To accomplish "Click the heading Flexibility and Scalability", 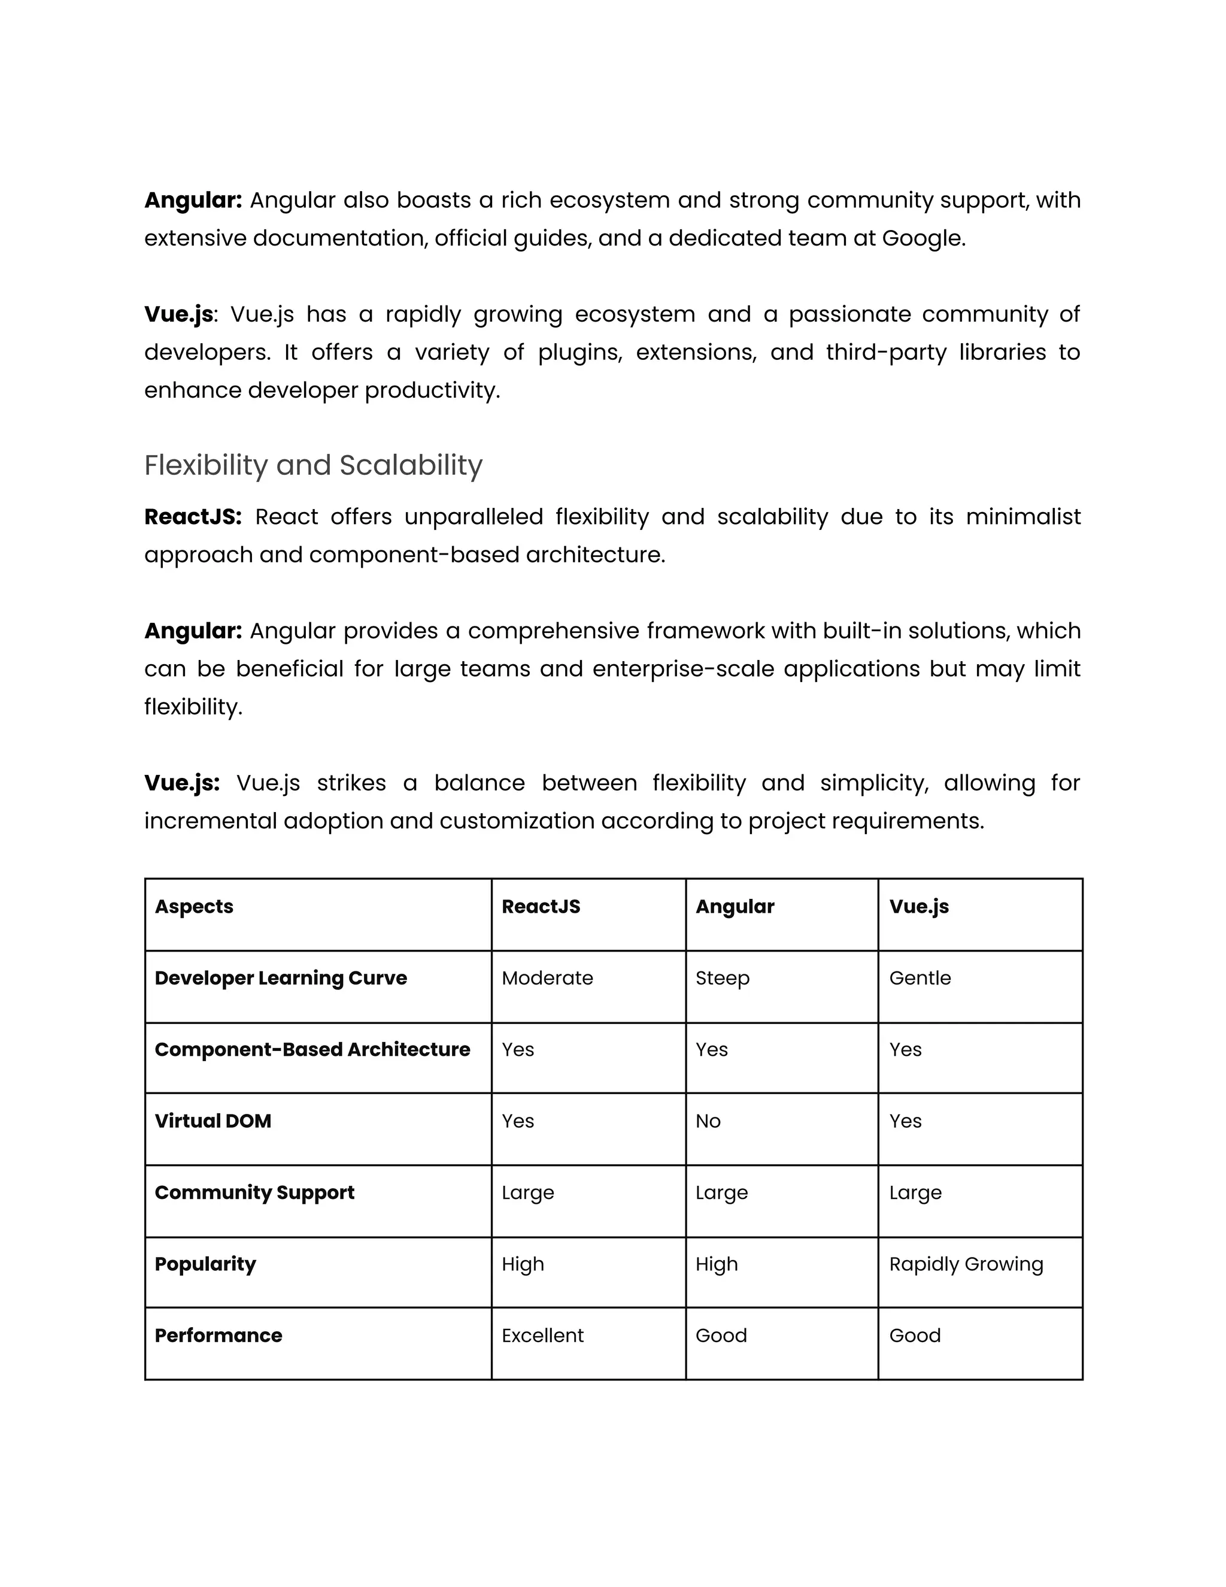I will click(x=313, y=465).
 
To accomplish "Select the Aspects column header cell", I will click(x=194, y=906).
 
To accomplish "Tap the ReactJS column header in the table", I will click(x=541, y=906).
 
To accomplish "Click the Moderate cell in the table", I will click(x=547, y=978).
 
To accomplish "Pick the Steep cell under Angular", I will click(x=722, y=978).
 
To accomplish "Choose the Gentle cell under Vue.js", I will click(x=919, y=978).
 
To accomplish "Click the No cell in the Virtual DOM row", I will click(x=708, y=1120).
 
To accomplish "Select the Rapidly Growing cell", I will click(x=966, y=1264).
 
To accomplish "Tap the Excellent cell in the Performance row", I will click(x=542, y=1335).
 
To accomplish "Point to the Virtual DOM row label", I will click(x=213, y=1120).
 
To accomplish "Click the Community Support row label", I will click(x=254, y=1192).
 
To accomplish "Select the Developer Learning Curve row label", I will click(x=280, y=978).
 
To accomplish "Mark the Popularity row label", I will click(x=205, y=1264).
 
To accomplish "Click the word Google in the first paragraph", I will click(x=922, y=238).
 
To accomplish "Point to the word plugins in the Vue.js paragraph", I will click(x=579, y=352).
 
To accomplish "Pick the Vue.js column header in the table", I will click(x=919, y=906).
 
